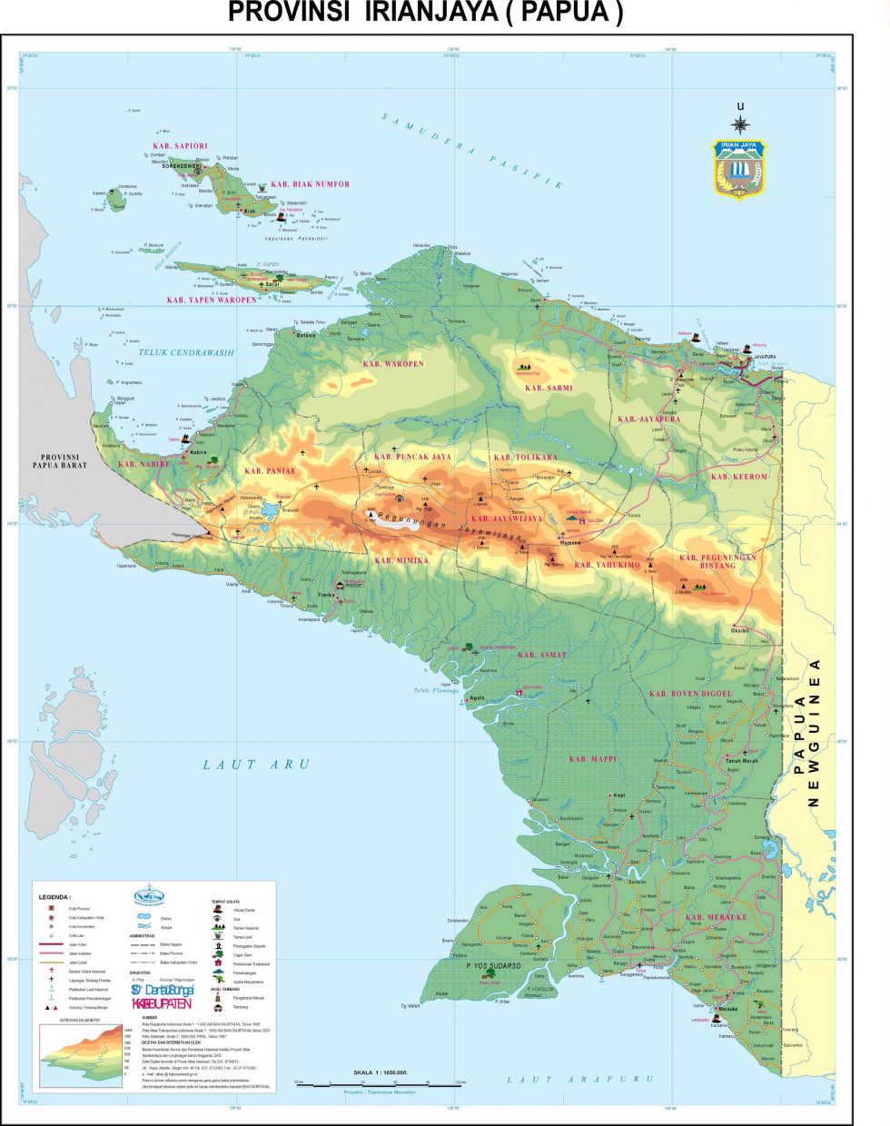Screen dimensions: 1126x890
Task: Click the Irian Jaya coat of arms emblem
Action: tap(738, 168)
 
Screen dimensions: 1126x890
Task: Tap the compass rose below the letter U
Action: tap(740, 124)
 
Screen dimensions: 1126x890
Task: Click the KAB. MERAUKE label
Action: tap(716, 917)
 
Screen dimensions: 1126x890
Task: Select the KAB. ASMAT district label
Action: tap(541, 654)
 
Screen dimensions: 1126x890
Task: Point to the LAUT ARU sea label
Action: tap(255, 765)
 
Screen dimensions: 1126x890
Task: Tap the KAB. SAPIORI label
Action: tap(180, 145)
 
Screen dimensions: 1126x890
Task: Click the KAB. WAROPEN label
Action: tap(392, 363)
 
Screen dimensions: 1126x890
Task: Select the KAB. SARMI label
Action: tap(549, 388)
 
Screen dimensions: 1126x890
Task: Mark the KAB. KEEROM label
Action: tap(738, 476)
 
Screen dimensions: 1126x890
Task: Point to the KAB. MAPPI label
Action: tap(592, 758)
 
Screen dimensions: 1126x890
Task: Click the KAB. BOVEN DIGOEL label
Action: tap(689, 694)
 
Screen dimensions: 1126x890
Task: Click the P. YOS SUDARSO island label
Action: tap(493, 965)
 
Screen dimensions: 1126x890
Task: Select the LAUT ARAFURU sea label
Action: tap(579, 1079)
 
